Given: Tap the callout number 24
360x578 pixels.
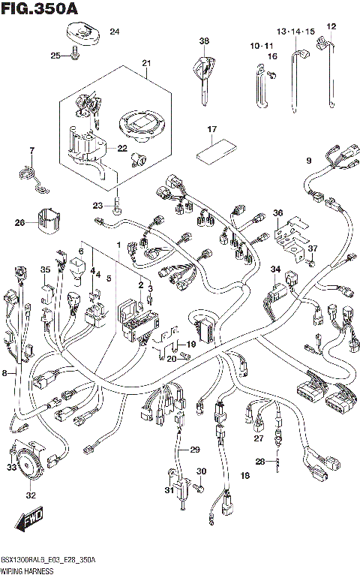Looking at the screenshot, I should click(115, 32).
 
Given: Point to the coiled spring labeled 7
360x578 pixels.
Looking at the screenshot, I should click(29, 175).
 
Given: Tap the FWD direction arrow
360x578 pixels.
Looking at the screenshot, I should click(29, 521).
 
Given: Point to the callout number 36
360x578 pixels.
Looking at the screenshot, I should click(277, 213).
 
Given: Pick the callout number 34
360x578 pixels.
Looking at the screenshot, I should click(275, 269).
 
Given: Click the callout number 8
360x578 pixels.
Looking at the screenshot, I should click(6, 372).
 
